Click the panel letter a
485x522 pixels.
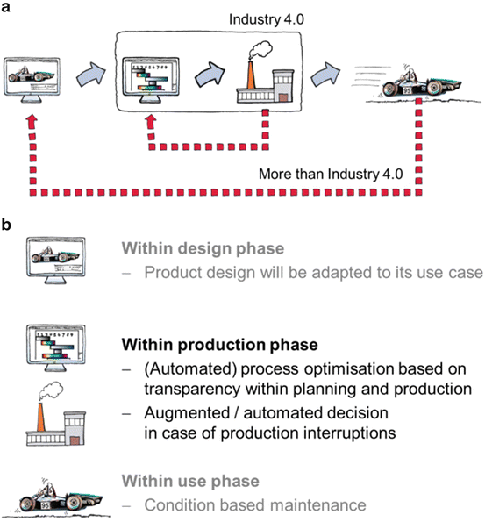[x=7, y=8]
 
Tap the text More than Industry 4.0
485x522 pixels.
[x=330, y=174]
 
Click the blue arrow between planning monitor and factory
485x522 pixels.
[x=209, y=77]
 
